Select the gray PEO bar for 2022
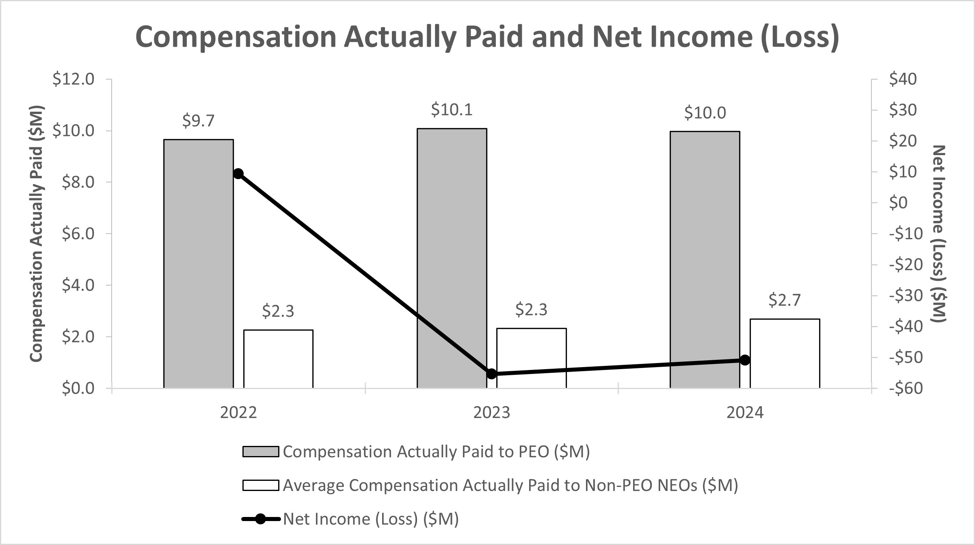(x=198, y=264)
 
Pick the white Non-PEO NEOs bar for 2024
(x=785, y=353)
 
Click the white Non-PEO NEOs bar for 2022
(x=278, y=359)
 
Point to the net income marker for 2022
(x=238, y=174)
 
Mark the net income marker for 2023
(x=491, y=374)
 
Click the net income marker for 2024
(x=745, y=360)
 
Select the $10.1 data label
(x=452, y=110)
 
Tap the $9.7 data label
(x=198, y=121)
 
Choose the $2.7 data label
(x=785, y=300)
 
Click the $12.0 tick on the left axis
(x=73, y=79)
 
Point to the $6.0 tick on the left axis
(x=78, y=234)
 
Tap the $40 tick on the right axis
(x=903, y=79)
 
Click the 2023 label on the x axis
(x=491, y=413)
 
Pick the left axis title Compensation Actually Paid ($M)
(x=37, y=234)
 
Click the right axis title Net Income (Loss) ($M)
(x=939, y=234)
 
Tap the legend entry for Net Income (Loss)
(x=370, y=519)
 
